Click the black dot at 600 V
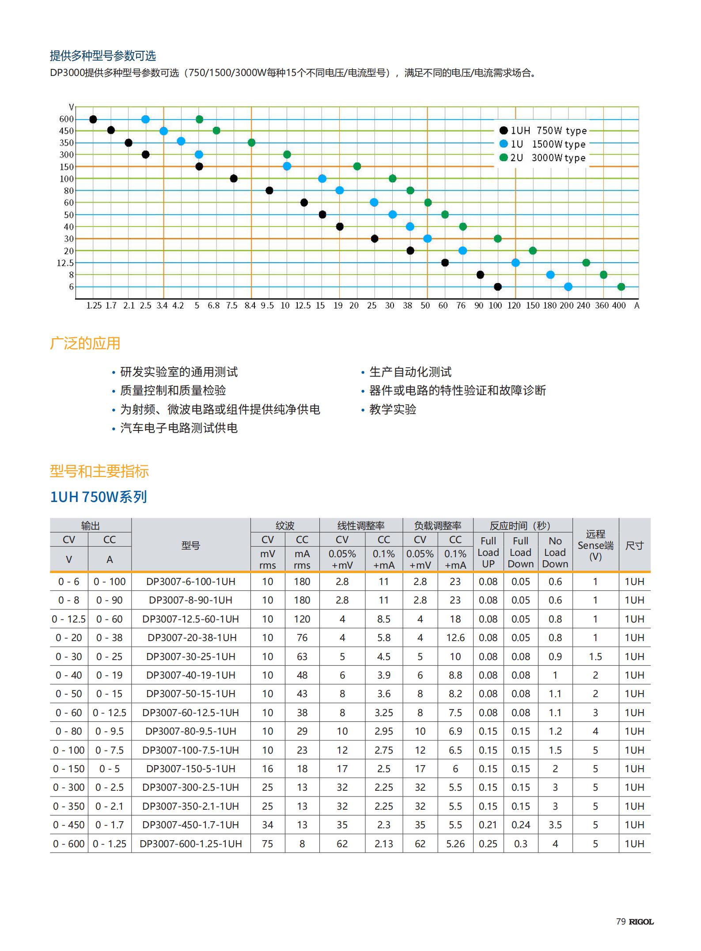(x=93, y=119)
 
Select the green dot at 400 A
(x=621, y=287)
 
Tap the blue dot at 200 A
(x=568, y=287)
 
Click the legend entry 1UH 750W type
(x=543, y=130)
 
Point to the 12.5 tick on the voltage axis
(x=65, y=263)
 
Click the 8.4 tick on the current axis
(x=250, y=306)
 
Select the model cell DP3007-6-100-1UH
(x=190, y=581)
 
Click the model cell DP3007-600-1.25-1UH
(x=190, y=844)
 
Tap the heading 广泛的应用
(x=85, y=343)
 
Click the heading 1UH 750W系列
(x=98, y=497)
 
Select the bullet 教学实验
(x=392, y=409)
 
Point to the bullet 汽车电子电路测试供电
(x=178, y=428)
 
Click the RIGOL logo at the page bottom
(x=641, y=921)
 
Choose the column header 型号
(x=190, y=545)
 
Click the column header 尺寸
(x=634, y=545)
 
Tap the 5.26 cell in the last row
(x=455, y=844)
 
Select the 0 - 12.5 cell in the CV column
(x=68, y=619)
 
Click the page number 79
(x=621, y=921)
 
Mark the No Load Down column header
(x=555, y=552)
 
